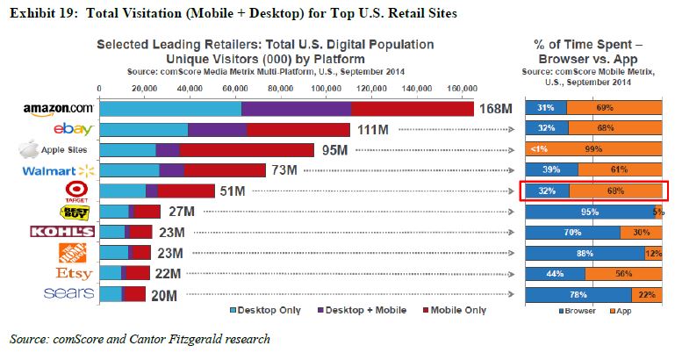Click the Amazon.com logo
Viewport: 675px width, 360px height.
tap(59, 109)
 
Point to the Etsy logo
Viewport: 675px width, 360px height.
tap(73, 274)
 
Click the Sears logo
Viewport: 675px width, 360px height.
tap(68, 293)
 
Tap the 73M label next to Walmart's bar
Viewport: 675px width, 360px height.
tap(283, 170)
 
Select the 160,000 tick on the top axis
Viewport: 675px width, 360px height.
tap(462, 89)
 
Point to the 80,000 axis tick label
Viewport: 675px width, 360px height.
tap(281, 89)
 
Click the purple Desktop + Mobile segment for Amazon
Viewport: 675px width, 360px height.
tap(296, 109)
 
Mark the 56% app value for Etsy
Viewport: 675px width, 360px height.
tap(623, 273)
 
